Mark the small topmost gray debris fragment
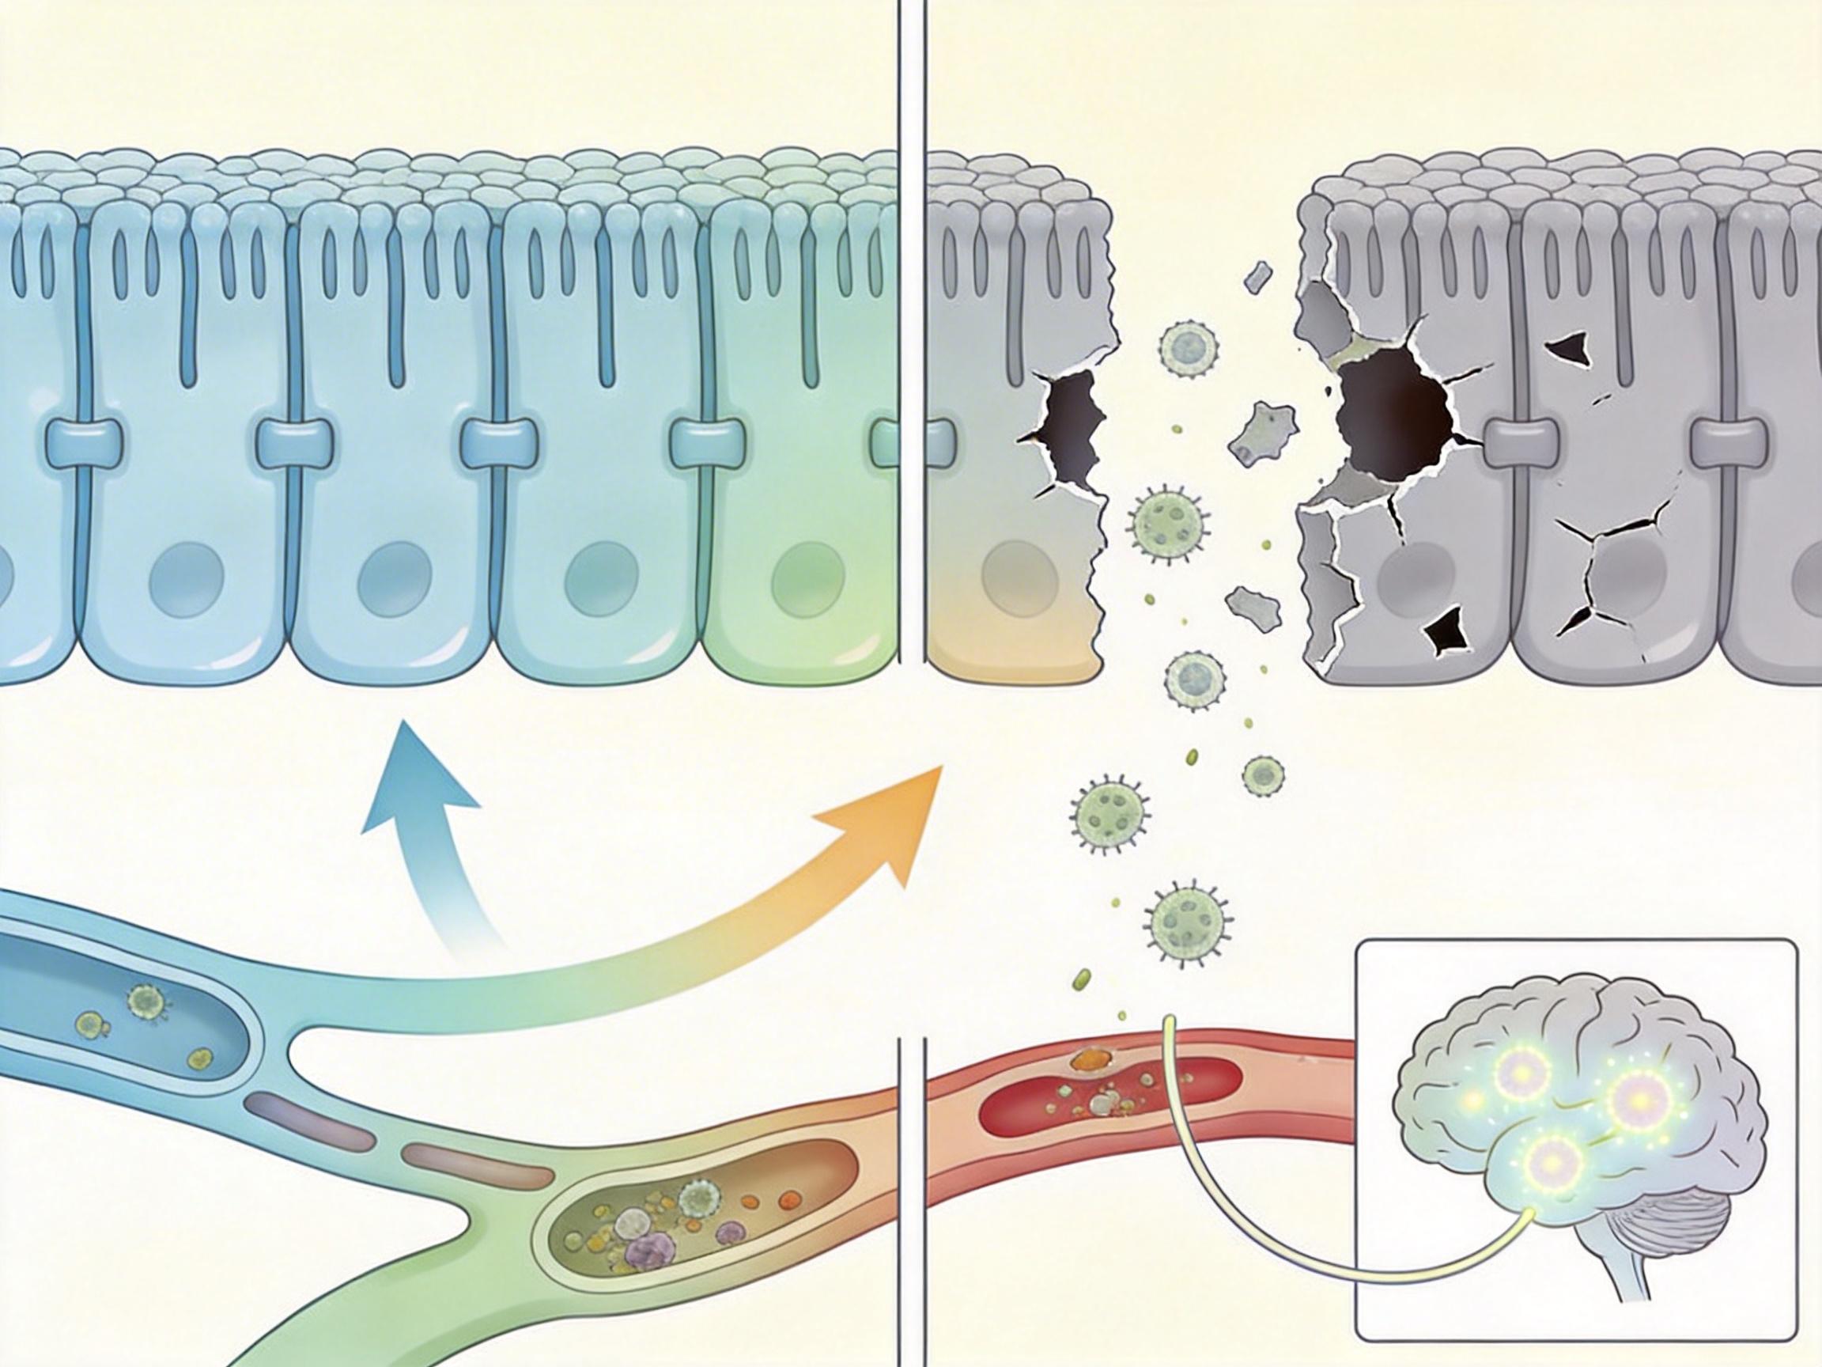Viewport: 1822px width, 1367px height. pos(1258,278)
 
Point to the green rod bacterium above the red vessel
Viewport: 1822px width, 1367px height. pos(1082,979)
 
